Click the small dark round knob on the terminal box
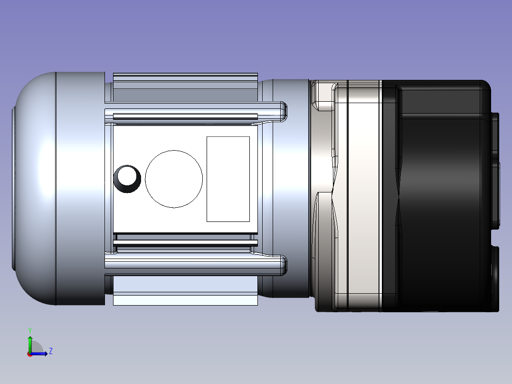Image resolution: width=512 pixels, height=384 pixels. pos(127,179)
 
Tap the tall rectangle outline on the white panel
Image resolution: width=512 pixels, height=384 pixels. pos(207,179)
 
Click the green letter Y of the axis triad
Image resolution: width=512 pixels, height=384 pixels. pos(30,330)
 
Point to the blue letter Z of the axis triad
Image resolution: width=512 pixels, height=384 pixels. pos(51,351)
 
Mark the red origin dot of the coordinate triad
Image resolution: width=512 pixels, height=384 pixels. pos(29,354)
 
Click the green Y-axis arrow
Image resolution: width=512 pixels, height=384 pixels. pos(30,344)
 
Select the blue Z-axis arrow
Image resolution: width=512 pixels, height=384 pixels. pos(39,354)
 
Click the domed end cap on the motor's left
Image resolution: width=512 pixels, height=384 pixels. pos(34,189)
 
